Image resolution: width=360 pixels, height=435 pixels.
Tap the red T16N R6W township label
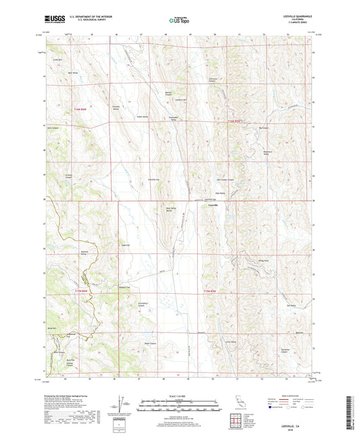click(84, 107)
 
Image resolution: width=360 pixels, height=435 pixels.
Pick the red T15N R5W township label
click(211, 290)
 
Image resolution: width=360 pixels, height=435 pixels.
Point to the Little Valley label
click(230, 342)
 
